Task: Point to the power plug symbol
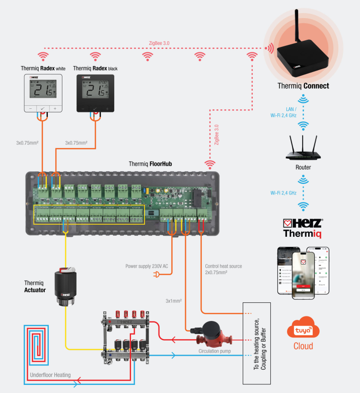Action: (157, 275)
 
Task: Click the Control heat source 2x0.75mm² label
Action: (223, 269)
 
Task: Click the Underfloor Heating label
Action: (50, 375)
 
